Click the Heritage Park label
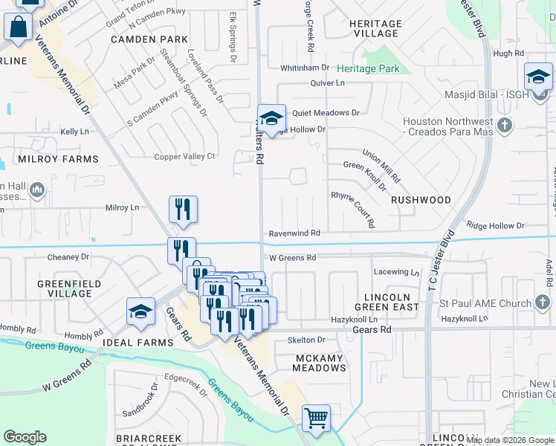click(x=368, y=69)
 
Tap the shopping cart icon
click(x=316, y=418)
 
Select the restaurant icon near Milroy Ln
click(x=182, y=210)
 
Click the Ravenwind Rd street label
click(x=294, y=233)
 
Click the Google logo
click(x=25, y=437)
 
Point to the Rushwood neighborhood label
click(x=421, y=200)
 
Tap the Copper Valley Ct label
click(x=184, y=156)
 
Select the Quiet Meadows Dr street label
click(x=326, y=113)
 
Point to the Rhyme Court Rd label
click(x=352, y=209)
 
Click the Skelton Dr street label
click(x=306, y=340)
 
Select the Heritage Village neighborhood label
click(x=375, y=29)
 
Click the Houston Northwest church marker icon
click(x=505, y=125)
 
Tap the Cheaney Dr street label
click(x=68, y=257)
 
